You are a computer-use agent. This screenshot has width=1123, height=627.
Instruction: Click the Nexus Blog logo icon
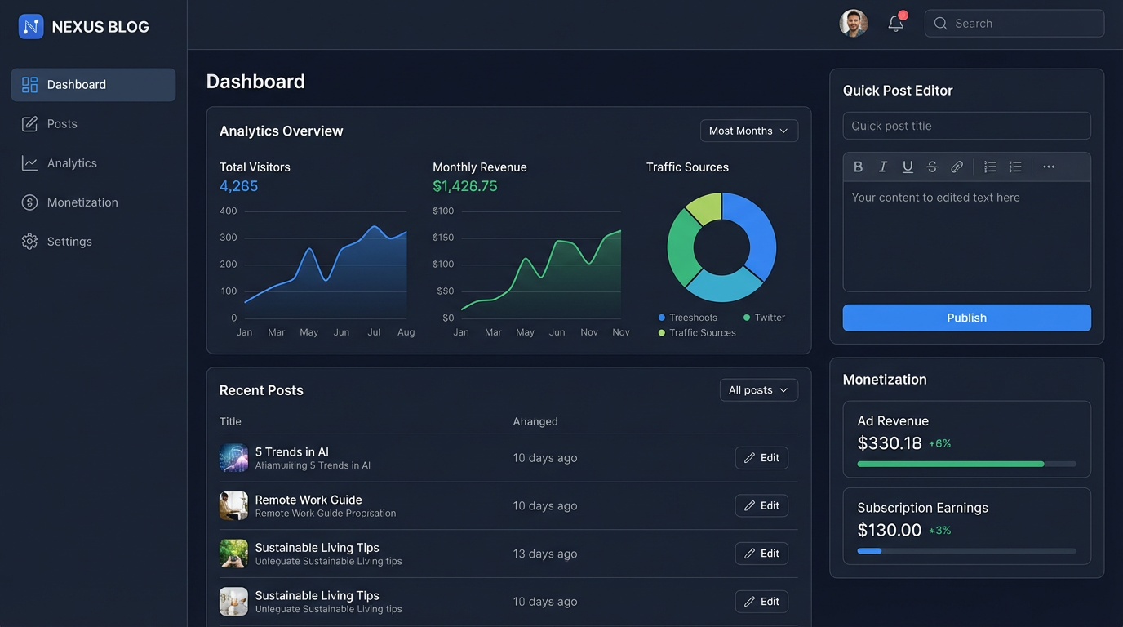pyautogui.click(x=31, y=27)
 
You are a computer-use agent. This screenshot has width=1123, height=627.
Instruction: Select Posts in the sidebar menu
pyautogui.click(x=62, y=124)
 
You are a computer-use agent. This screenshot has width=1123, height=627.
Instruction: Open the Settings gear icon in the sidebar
pyautogui.click(x=30, y=242)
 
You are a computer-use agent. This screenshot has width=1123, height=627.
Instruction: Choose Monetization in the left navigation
pyautogui.click(x=82, y=202)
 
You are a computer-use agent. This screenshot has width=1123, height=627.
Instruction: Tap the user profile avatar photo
pyautogui.click(x=853, y=24)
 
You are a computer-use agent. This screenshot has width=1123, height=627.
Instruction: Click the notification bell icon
pyautogui.click(x=896, y=24)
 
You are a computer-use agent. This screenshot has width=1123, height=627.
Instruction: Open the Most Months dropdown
pyautogui.click(x=748, y=131)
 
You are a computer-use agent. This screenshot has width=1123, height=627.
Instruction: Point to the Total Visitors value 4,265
pyautogui.click(x=238, y=186)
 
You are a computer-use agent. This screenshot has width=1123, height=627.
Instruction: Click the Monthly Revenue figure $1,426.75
pyautogui.click(x=464, y=186)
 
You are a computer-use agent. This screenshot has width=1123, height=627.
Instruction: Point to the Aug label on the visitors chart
pyautogui.click(x=406, y=332)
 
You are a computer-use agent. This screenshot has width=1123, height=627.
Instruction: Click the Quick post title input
pyautogui.click(x=966, y=126)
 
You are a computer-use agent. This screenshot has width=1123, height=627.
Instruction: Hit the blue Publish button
pyautogui.click(x=966, y=318)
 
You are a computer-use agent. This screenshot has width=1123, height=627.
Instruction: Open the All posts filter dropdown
pyautogui.click(x=758, y=390)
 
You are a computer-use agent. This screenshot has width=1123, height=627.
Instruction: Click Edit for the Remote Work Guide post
pyautogui.click(x=761, y=505)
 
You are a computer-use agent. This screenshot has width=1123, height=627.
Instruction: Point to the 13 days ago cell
pyautogui.click(x=544, y=554)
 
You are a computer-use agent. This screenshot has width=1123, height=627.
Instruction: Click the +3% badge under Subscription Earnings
pyautogui.click(x=940, y=531)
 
